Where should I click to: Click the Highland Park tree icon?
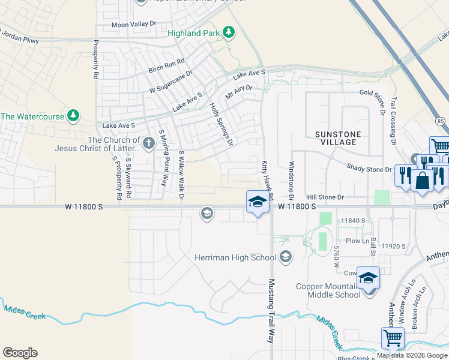[x=228, y=32]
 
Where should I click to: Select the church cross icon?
[x=148, y=143]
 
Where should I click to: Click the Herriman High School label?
[x=235, y=257]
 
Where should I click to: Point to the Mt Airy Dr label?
[x=238, y=92]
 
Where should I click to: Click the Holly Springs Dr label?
[x=220, y=124]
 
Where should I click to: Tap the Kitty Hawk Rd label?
[x=267, y=180]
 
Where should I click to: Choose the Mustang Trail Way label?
[x=271, y=310]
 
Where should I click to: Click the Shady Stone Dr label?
[x=369, y=169]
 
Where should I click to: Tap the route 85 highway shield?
[x=441, y=121]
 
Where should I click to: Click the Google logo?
[x=20, y=353]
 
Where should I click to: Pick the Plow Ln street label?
[x=357, y=241]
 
